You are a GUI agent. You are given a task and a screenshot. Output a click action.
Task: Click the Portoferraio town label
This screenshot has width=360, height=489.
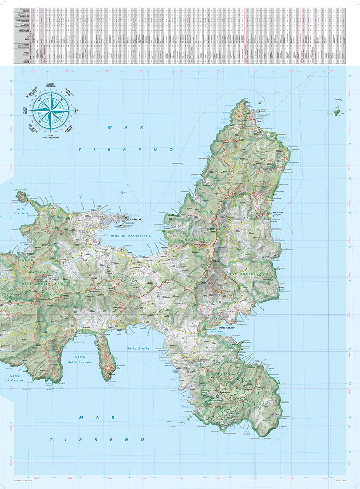135,220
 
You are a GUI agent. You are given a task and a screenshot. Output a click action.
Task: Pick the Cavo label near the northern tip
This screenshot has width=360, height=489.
259,121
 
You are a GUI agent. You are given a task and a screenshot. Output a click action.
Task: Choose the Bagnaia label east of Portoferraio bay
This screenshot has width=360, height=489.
167,228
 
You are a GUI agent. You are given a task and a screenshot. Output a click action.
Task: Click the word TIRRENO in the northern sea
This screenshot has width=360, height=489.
126,149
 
